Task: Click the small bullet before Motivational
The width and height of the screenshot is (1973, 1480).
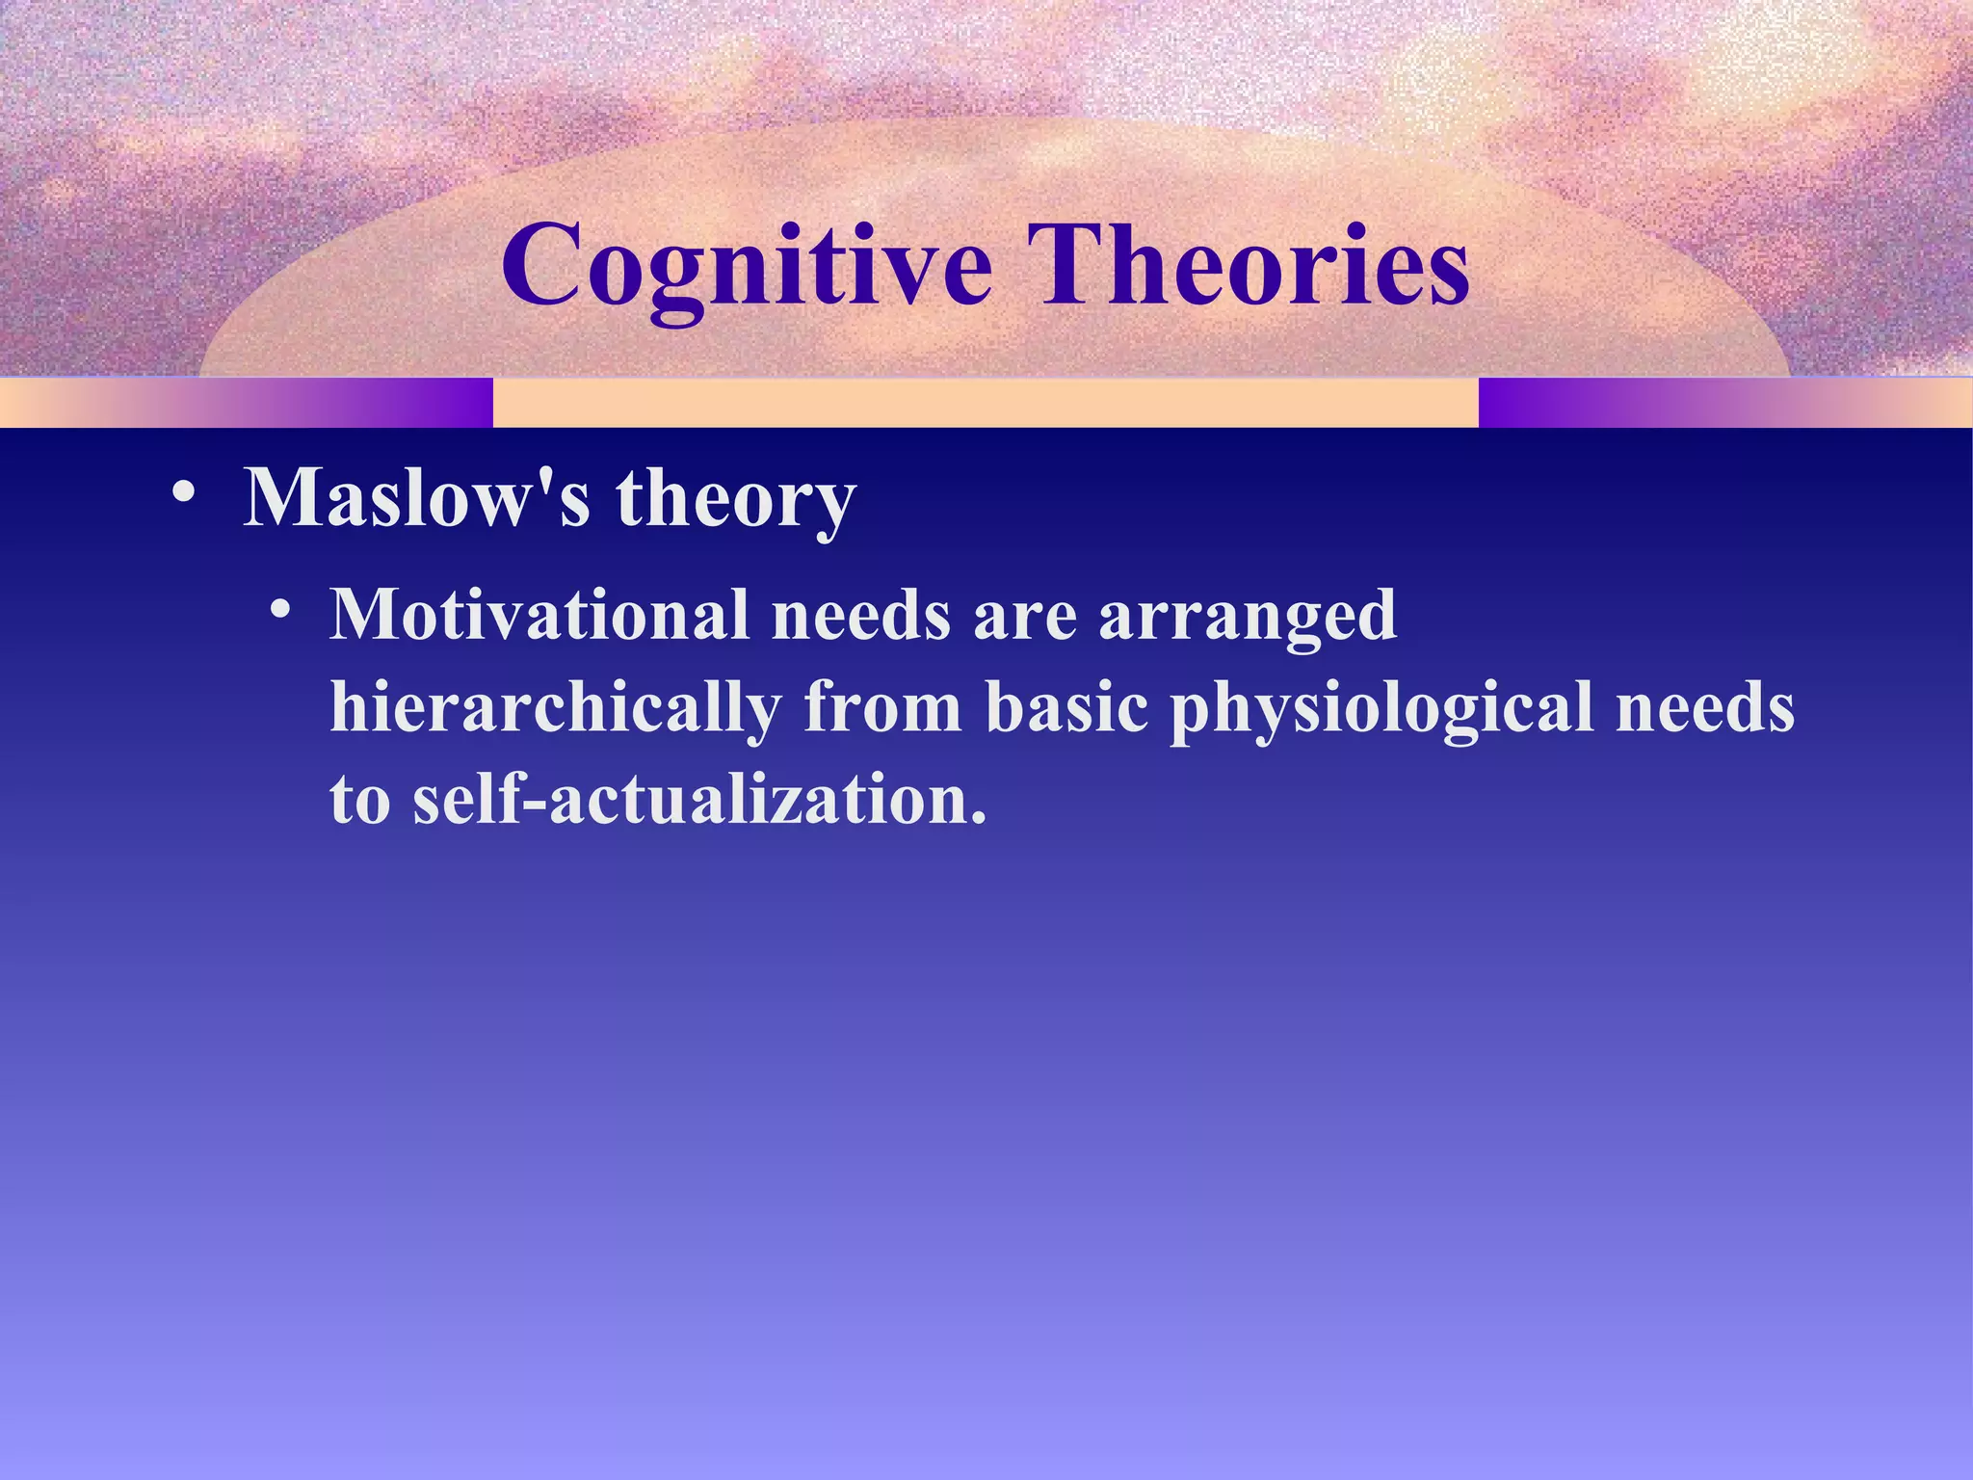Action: (280, 611)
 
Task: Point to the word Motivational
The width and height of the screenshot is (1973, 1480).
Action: (539, 615)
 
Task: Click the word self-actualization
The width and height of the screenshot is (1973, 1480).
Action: (699, 801)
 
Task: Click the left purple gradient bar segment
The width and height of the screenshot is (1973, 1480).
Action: (246, 403)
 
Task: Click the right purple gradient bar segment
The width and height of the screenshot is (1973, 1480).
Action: (1724, 403)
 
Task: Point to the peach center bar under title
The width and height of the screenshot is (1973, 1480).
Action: (985, 403)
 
